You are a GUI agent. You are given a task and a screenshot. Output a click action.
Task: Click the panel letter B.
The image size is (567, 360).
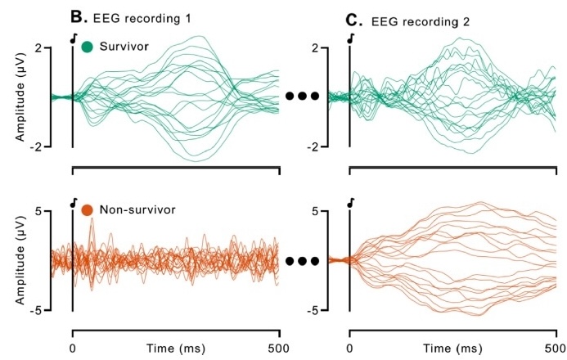pyautogui.click(x=79, y=16)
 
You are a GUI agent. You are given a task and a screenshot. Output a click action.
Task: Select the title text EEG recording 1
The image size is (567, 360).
pyautogui.click(x=145, y=17)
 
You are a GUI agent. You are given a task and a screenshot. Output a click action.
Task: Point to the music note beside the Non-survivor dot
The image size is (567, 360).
pyautogui.click(x=74, y=202)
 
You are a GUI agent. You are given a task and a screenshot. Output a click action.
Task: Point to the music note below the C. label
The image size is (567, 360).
pyautogui.click(x=351, y=38)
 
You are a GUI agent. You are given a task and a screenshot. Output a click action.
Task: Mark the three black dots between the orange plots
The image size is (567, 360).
pyautogui.click(x=302, y=262)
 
